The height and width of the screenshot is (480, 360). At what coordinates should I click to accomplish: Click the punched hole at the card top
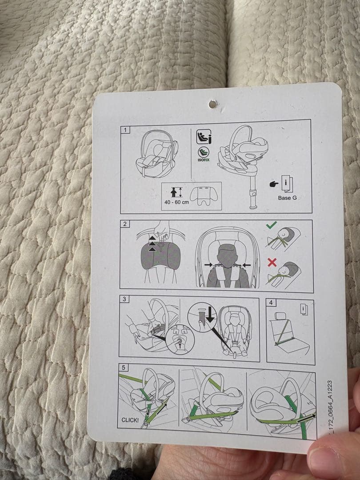[213, 104]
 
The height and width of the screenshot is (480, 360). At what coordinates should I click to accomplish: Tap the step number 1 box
[125, 130]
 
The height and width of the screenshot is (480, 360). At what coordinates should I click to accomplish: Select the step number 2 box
[124, 224]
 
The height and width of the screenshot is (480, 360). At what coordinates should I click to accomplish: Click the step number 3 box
[124, 299]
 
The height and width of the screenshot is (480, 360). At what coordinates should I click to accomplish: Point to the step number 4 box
[271, 303]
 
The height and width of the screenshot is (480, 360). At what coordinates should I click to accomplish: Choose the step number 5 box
[123, 368]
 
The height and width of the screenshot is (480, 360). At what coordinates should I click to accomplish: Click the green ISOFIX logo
[204, 154]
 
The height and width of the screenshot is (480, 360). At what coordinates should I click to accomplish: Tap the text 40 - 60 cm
[176, 202]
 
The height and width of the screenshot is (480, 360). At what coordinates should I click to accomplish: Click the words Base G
[287, 198]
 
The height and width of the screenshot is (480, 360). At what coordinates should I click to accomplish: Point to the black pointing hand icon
[274, 184]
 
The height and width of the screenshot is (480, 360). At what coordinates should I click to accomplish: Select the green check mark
[271, 225]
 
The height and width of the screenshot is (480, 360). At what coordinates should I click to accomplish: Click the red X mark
[272, 262]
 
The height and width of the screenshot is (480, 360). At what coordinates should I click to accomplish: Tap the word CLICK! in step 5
[130, 420]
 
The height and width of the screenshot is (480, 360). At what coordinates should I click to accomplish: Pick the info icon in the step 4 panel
[304, 308]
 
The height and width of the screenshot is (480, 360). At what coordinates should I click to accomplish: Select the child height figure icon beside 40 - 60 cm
[174, 192]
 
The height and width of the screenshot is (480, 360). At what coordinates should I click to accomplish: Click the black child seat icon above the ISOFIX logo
[204, 137]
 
